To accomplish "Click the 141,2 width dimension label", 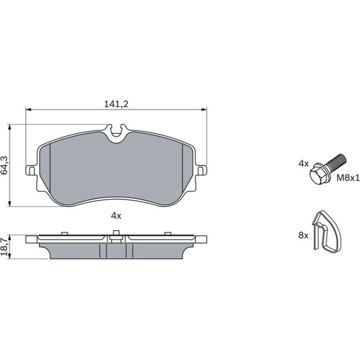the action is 116,104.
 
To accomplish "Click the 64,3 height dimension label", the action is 5,166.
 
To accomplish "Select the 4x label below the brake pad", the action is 116,216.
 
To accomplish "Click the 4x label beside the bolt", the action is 303,164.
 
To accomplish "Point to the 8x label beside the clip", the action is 303,235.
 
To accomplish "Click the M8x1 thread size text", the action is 348,178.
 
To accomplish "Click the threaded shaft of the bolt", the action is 336,162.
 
